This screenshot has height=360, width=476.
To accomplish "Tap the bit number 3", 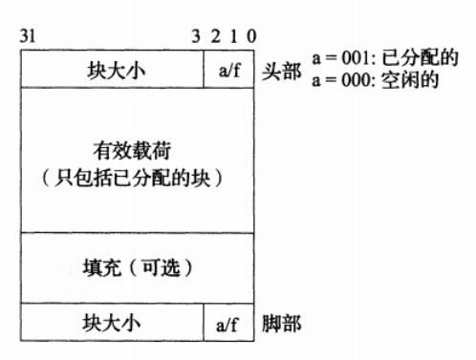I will pyautogui.click(x=197, y=37).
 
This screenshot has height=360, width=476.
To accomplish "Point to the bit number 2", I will pyautogui.click(x=215, y=37).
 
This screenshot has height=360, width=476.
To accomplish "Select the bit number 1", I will pyautogui.click(x=232, y=37).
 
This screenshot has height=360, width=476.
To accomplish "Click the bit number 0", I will pyautogui.click(x=249, y=37).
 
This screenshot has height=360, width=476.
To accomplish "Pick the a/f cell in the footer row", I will pyautogui.click(x=230, y=324).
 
